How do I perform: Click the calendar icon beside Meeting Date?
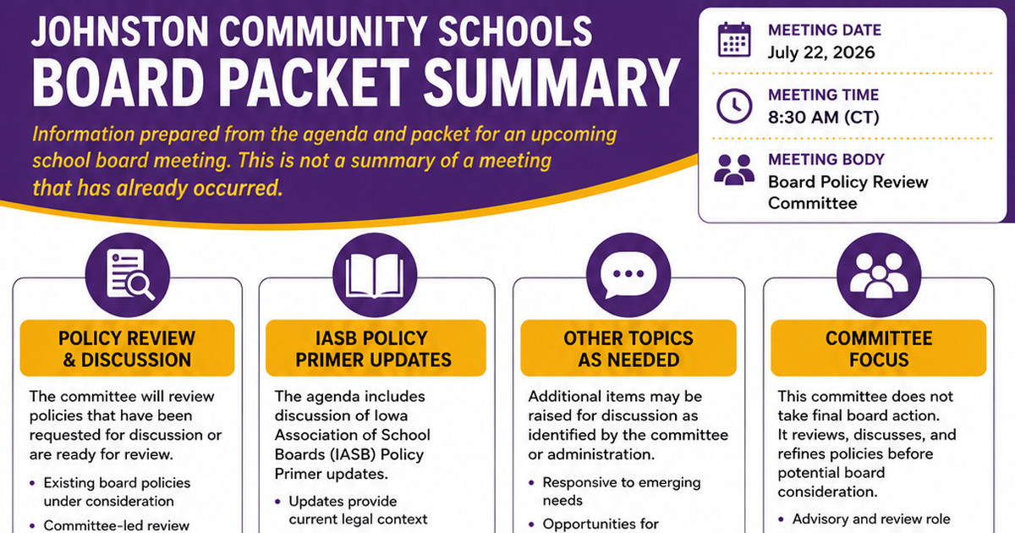pos(734,40)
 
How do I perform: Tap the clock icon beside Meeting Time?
pos(734,106)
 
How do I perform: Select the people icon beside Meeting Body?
pos(734,170)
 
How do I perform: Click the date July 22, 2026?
pos(821,52)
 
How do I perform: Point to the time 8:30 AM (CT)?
pos(823,118)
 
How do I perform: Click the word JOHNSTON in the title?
pos(119,31)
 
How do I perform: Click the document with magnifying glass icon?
pos(128,275)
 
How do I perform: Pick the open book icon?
pos(375,275)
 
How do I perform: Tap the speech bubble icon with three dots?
pos(628,275)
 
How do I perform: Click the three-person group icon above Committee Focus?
pos(879,275)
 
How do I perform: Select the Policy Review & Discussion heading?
pos(127,349)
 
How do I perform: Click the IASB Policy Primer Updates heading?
pos(373,349)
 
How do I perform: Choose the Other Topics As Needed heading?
pos(628,349)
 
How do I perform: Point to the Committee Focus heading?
pos(879,349)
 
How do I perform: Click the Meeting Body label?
pos(826,160)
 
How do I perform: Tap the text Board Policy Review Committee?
pos(848,192)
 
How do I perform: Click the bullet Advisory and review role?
pos(871,519)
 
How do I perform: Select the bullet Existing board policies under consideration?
pos(117,492)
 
